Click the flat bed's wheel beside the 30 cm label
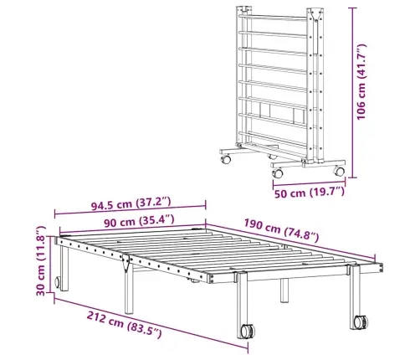click(59, 283)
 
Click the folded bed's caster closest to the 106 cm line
click(339, 170)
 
